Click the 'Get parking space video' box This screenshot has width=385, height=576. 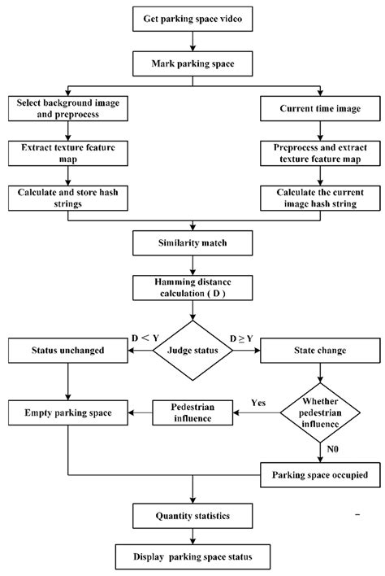[192, 17]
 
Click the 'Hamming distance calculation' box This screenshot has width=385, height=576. [192, 286]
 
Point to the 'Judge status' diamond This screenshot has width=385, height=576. [192, 352]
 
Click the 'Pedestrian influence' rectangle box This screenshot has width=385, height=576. [192, 413]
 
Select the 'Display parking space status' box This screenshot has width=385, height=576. [192, 557]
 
